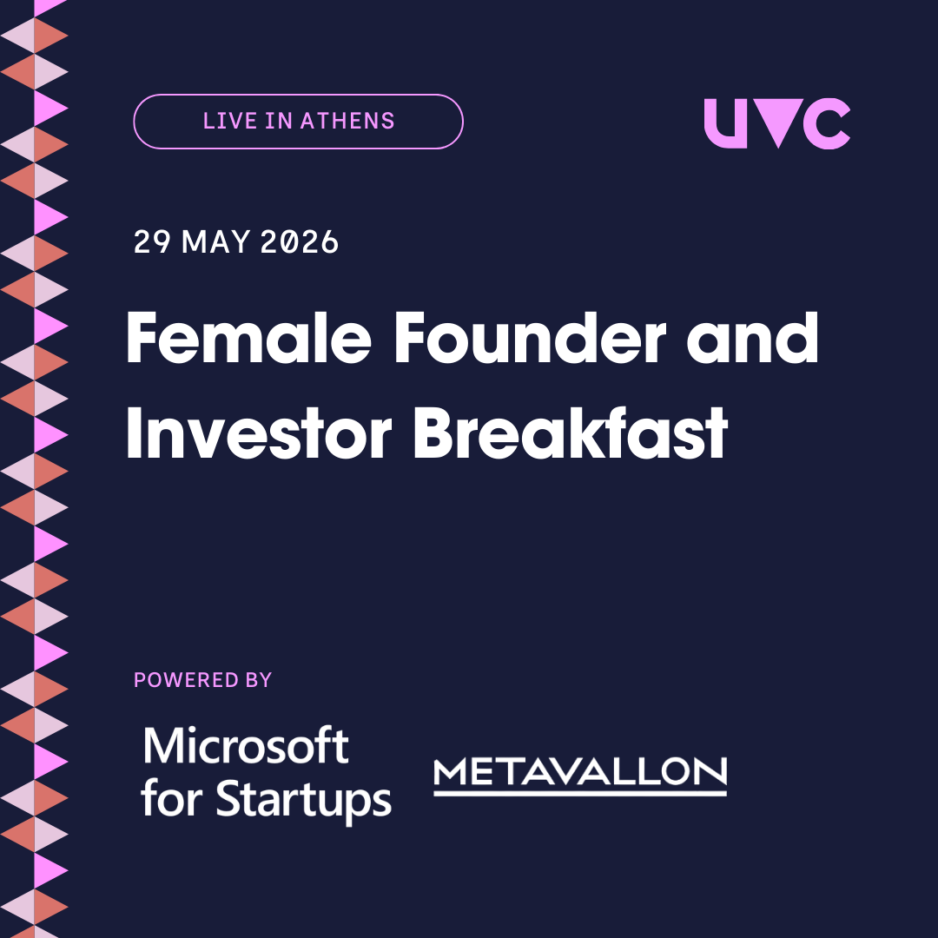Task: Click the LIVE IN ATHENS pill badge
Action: [x=298, y=122]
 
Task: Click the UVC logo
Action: [x=777, y=123]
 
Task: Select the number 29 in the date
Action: [x=152, y=242]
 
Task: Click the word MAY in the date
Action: [x=215, y=242]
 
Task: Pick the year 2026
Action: [x=300, y=242]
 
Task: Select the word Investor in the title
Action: [x=259, y=433]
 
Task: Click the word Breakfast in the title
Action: [x=571, y=433]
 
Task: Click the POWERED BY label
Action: [x=202, y=680]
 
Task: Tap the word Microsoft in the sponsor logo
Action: [x=245, y=745]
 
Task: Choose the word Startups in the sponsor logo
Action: [x=303, y=800]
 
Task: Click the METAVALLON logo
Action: [x=579, y=776]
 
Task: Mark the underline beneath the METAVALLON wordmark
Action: [x=579, y=793]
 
